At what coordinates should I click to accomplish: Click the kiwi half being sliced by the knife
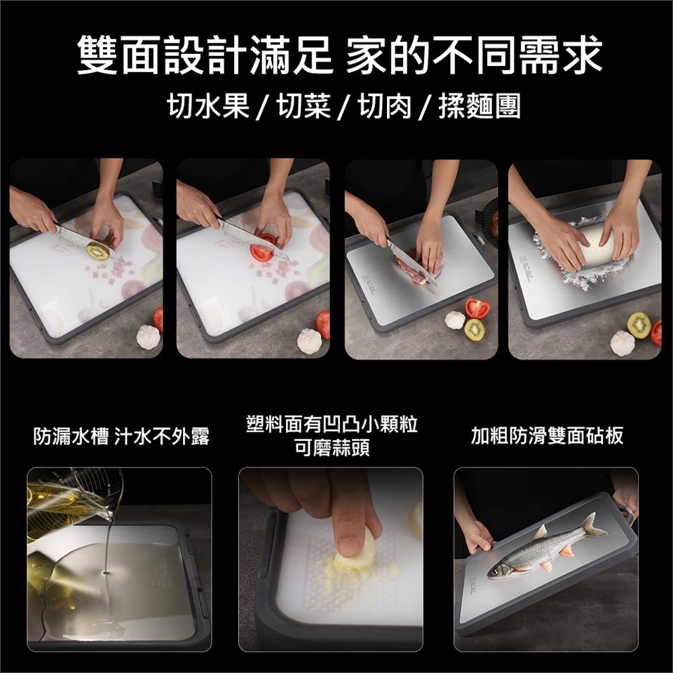[x=98, y=251]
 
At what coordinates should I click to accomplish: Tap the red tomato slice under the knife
[x=261, y=252]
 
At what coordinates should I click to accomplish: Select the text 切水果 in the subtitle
[x=208, y=106]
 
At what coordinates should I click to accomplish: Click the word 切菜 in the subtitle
[x=304, y=106]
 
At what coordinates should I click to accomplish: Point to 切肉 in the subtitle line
[x=386, y=106]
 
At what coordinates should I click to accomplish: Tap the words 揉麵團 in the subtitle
[x=480, y=106]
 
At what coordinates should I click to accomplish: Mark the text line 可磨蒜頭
[x=332, y=448]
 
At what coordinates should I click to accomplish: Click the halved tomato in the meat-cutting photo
[x=477, y=308]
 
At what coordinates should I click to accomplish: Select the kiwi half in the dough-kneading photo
[x=639, y=325]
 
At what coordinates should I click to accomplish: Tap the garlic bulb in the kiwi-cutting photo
[x=149, y=336]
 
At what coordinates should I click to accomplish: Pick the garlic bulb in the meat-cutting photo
[x=455, y=320]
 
